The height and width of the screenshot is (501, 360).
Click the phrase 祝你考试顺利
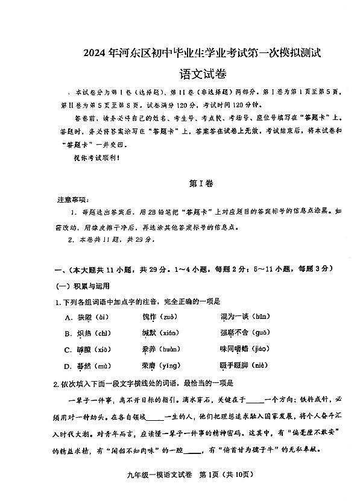pyautogui.click(x=89, y=158)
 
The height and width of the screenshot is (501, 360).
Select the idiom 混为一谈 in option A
pyautogui.click(x=235, y=317)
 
